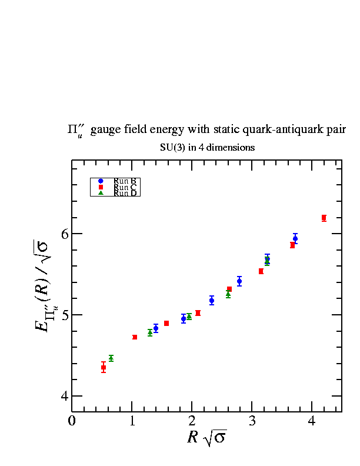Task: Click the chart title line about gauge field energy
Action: point(206,130)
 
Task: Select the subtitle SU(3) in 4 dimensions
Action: point(207,148)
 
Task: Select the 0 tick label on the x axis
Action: point(72,421)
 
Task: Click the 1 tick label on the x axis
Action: point(132,421)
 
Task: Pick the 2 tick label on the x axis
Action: point(192,421)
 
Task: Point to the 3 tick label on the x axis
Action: point(252,421)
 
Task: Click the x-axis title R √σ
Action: point(206,438)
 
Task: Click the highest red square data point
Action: point(324,218)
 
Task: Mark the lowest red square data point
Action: point(104,367)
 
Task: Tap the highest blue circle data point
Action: point(295,238)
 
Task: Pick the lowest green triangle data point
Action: point(111,358)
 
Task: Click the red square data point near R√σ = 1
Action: point(135,337)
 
